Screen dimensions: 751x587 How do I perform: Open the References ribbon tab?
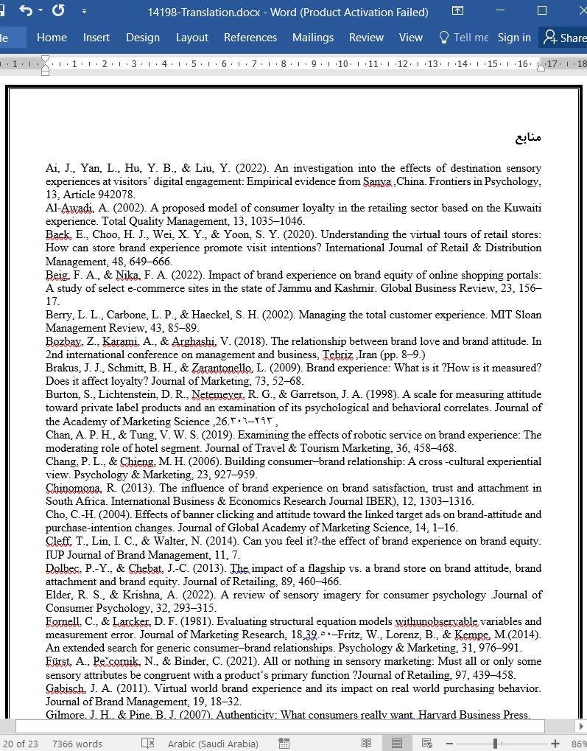coord(250,38)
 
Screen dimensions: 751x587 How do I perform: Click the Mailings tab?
coord(312,38)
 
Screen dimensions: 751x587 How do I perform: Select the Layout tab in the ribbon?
coord(191,38)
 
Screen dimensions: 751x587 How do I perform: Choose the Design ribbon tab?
coord(142,38)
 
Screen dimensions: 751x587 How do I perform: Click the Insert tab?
coord(96,38)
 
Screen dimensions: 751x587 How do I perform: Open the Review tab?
coord(366,38)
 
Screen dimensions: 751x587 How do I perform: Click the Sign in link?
coord(513,38)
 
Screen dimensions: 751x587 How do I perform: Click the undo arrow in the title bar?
coord(27,11)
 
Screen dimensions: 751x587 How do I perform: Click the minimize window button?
coord(502,11)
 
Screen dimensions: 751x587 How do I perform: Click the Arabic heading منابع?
coord(527,138)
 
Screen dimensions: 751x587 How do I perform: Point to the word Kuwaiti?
coord(522,208)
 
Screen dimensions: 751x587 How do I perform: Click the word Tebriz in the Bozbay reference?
coord(337,354)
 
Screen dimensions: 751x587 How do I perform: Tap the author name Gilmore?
coord(64,714)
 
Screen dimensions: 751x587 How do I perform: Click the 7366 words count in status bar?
coord(77,744)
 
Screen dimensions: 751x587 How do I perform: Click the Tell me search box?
coord(464,38)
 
